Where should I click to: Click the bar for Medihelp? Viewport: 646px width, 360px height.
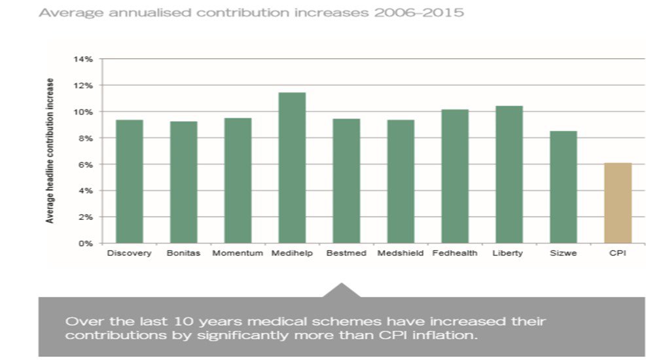click(x=292, y=168)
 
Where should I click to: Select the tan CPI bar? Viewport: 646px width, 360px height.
click(x=618, y=203)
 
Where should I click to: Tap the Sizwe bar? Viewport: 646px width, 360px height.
click(x=564, y=187)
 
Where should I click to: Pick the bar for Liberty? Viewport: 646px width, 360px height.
click(x=509, y=174)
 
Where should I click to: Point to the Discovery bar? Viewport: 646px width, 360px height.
click(x=129, y=181)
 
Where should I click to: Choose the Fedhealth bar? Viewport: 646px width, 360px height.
click(x=455, y=176)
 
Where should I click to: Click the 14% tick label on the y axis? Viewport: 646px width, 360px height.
click(x=86, y=60)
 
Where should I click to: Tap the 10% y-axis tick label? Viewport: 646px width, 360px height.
click(x=86, y=112)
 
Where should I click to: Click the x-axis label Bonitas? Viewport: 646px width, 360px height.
click(x=183, y=253)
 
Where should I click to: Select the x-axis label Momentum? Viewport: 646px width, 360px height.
click(x=238, y=253)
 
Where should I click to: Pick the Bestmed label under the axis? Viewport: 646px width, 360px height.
click(x=346, y=253)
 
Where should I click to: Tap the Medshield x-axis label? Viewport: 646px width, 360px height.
click(x=401, y=253)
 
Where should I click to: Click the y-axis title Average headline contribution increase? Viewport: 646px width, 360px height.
click(x=50, y=151)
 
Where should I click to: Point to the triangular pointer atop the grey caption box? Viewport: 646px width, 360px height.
click(x=340, y=290)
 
